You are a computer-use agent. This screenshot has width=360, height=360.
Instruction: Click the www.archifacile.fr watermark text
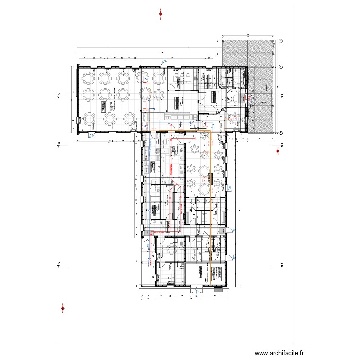(x=279, y=353)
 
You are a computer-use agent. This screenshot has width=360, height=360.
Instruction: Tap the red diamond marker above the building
(x=161, y=14)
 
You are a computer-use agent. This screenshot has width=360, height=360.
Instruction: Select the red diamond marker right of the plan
(x=278, y=152)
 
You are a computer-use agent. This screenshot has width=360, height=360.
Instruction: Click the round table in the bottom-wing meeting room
(x=172, y=248)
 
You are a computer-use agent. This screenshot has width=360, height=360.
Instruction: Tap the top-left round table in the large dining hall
(x=88, y=76)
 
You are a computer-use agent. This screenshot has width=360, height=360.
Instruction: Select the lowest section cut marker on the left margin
(x=58, y=264)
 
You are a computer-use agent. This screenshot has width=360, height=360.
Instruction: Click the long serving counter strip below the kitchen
(x=180, y=116)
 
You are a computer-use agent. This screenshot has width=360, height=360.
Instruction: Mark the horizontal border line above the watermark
(x=175, y=344)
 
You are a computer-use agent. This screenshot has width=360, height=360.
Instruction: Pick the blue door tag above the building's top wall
(x=164, y=61)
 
